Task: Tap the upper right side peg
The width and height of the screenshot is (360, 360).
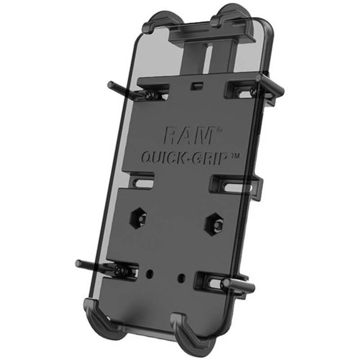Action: point(270,84)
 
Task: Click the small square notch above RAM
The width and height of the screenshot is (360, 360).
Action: point(195,85)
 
